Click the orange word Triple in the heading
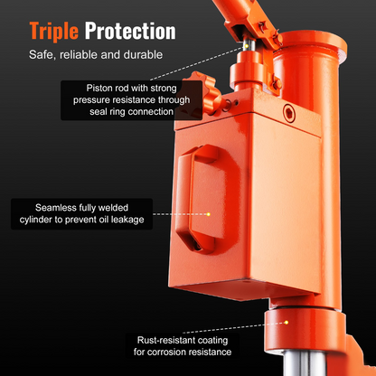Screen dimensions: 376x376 click(x=54, y=32)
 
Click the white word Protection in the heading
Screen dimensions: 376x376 click(x=130, y=31)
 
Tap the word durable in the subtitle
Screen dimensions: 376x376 click(x=143, y=55)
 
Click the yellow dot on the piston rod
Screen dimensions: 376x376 click(x=247, y=46)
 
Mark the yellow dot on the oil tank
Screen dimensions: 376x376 click(x=208, y=214)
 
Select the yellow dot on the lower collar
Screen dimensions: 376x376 click(x=287, y=323)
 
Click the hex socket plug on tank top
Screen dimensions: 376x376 click(x=289, y=113)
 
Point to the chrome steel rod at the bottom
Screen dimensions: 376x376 click(x=305, y=363)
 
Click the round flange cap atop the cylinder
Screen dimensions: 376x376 click(x=314, y=42)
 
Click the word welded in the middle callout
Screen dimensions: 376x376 click(x=113, y=208)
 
